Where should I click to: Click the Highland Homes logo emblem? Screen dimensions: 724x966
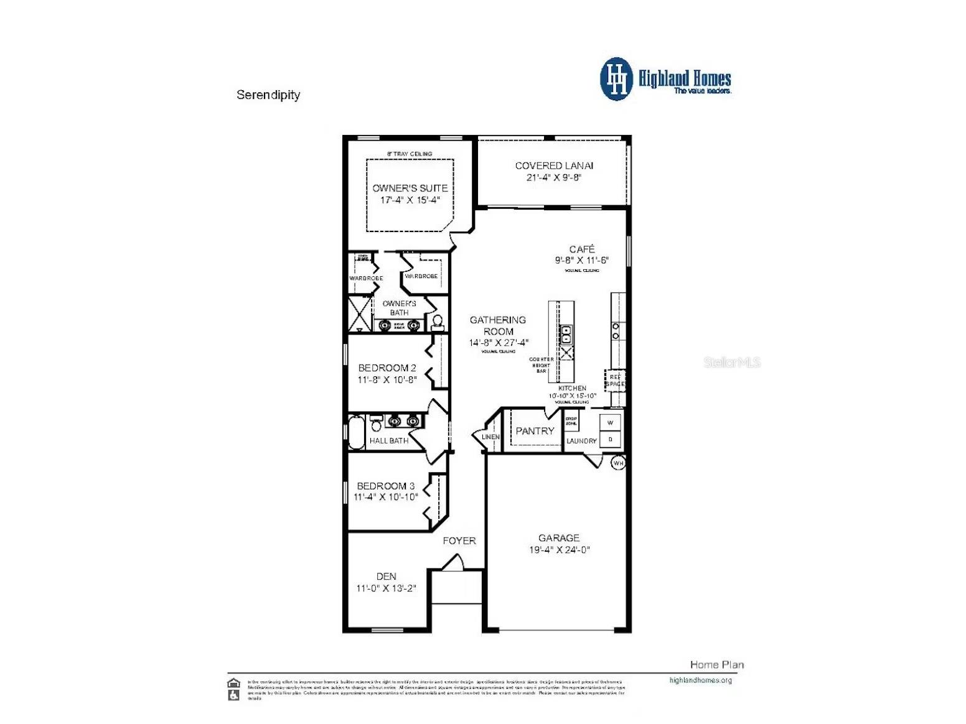click(x=616, y=79)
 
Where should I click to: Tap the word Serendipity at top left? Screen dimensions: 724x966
click(x=268, y=95)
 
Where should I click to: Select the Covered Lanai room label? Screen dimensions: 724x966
click(x=554, y=165)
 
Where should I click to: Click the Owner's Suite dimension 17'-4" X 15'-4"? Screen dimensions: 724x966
click(x=410, y=200)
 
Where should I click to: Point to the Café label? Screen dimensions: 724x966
click(x=581, y=249)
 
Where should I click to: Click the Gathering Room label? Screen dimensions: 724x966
click(x=498, y=325)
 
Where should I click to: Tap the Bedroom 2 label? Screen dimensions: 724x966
click(x=387, y=368)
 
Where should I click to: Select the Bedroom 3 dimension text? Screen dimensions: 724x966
click(x=386, y=497)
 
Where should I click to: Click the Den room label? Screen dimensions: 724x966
click(x=386, y=577)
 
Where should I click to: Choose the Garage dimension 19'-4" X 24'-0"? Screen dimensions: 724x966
click(x=559, y=550)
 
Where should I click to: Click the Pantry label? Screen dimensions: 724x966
click(x=535, y=430)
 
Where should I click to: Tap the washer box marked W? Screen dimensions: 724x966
click(x=610, y=423)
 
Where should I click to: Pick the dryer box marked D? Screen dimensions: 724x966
click(x=610, y=439)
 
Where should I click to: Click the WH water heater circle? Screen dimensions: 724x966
click(x=618, y=463)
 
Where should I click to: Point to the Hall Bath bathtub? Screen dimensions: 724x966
click(x=356, y=432)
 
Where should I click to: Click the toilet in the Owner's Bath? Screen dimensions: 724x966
click(x=438, y=322)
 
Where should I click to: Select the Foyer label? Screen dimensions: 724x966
click(x=459, y=541)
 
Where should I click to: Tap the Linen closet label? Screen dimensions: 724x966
click(x=490, y=437)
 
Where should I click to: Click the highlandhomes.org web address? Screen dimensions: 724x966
click(x=700, y=680)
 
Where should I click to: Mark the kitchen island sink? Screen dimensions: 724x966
click(x=566, y=334)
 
